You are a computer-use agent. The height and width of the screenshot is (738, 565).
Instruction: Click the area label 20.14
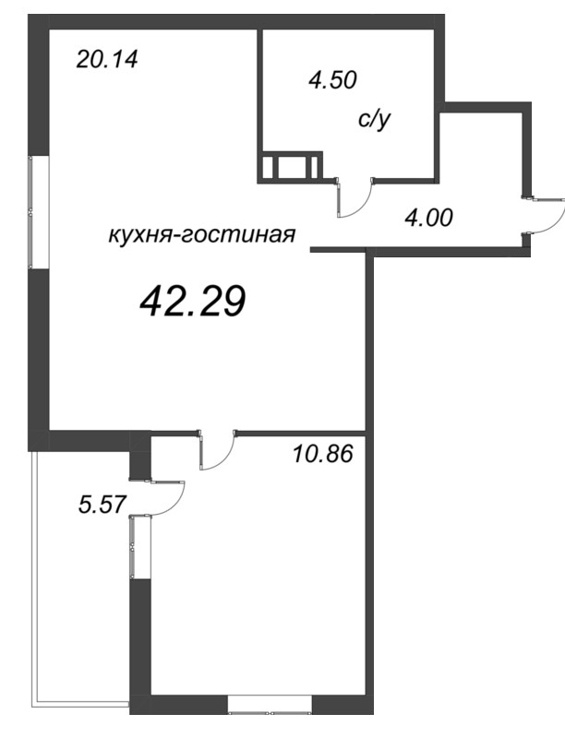pos(107,61)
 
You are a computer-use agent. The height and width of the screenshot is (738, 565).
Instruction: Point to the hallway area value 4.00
pos(430,219)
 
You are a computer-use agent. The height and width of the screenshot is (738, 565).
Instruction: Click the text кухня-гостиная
pos(201,235)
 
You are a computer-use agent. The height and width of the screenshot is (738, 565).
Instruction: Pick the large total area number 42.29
pos(192,300)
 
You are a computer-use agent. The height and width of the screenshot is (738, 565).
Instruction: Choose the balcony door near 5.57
pos(166,498)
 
